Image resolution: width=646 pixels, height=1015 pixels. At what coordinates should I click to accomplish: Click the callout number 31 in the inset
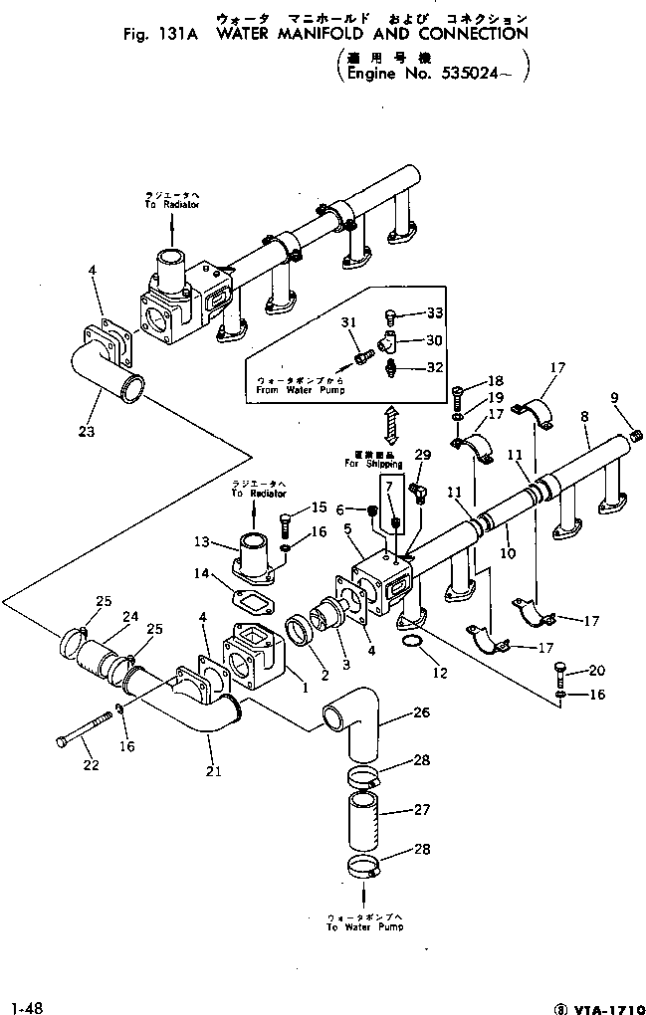(x=348, y=321)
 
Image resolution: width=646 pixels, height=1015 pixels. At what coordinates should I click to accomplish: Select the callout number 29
(x=422, y=455)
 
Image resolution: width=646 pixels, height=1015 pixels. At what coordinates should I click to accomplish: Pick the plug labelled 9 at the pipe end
(x=636, y=433)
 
